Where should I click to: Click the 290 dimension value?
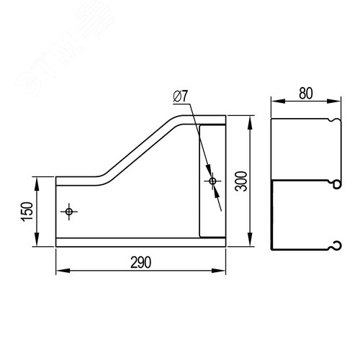(141, 262)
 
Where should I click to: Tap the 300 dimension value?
(241, 181)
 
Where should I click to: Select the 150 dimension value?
(27, 212)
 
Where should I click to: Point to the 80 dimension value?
(306, 94)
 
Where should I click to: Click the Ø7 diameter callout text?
(181, 96)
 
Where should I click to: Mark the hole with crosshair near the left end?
(69, 212)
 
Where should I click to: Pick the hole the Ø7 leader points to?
(212, 181)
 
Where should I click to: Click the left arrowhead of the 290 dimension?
(63, 271)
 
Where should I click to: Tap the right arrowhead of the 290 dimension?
(218, 271)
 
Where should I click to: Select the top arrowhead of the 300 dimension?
(251, 122)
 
